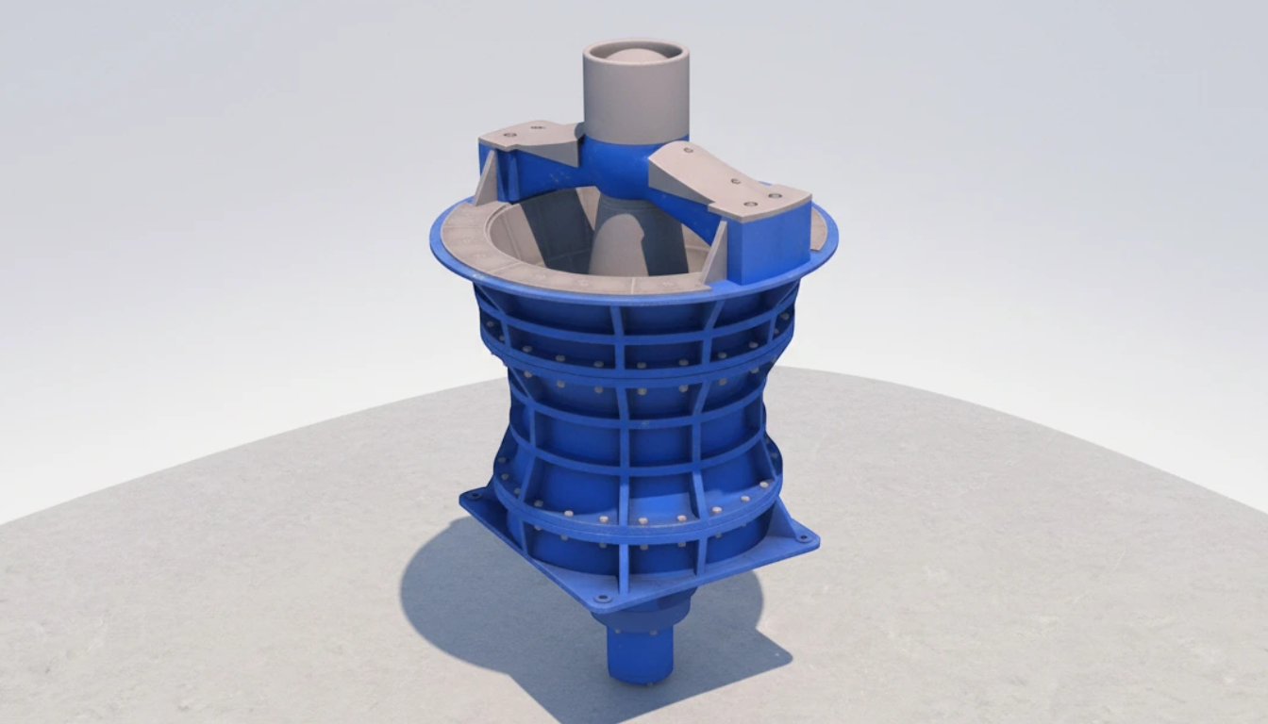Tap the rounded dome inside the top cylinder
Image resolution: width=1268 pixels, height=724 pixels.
click(636, 56)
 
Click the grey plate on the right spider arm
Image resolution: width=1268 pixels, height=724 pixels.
click(726, 183)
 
